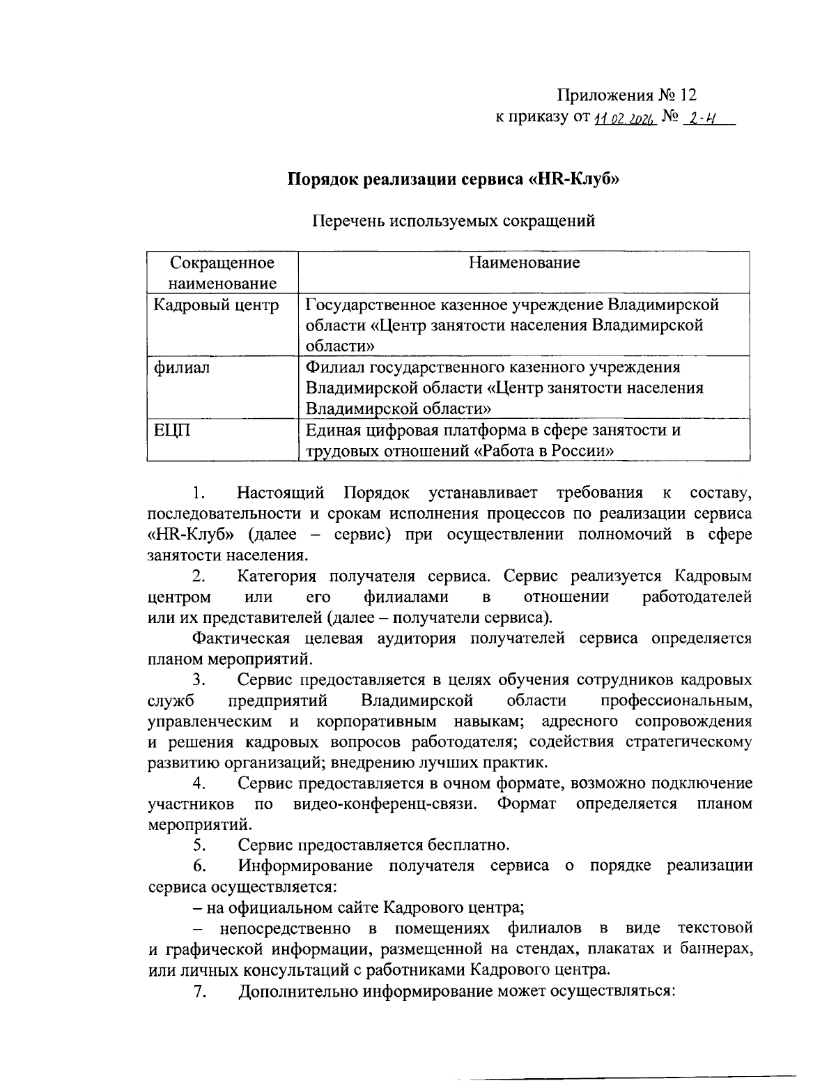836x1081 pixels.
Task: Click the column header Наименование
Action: pos(524,263)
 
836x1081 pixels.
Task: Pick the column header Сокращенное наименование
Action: pos(222,273)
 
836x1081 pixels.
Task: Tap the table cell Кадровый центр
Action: pos(216,305)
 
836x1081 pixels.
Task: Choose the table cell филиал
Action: pos(181,367)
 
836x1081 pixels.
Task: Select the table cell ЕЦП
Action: pos(171,430)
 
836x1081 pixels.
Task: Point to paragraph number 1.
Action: pos(199,493)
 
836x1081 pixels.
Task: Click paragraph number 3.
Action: pos(199,680)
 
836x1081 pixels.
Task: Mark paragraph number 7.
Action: pos(199,992)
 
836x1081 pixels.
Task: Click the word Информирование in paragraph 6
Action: pos(307,866)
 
